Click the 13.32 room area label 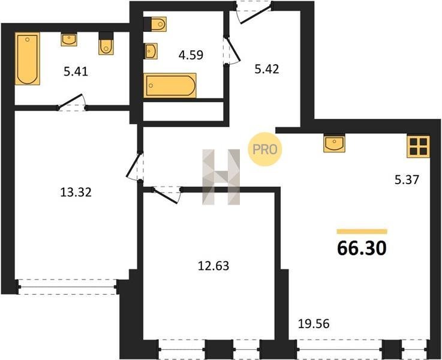(x=76, y=193)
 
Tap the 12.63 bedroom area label (x=214, y=266)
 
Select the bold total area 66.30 (x=362, y=248)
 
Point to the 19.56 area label (x=314, y=324)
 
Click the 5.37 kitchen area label (x=407, y=179)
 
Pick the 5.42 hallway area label (x=267, y=69)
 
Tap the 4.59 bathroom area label (x=191, y=55)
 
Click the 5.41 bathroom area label (x=76, y=71)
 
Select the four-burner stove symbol (x=419, y=146)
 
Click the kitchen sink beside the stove (x=334, y=144)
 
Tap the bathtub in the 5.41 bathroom (x=28, y=59)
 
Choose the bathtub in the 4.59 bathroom (x=170, y=85)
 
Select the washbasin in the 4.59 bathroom (x=151, y=52)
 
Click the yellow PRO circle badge (x=264, y=149)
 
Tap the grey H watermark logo (x=221, y=177)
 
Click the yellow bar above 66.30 (x=362, y=232)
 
